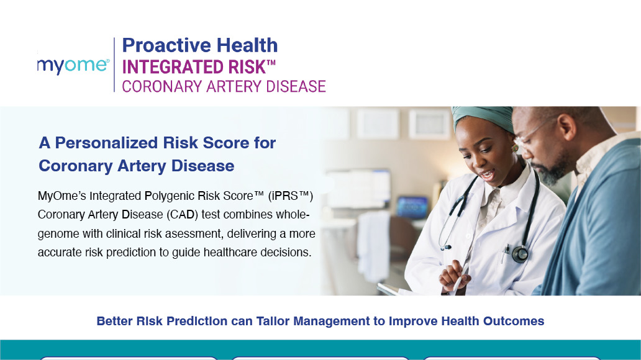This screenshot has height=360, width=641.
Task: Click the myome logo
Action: [x=73, y=66]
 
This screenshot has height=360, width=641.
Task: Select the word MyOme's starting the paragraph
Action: [x=61, y=196]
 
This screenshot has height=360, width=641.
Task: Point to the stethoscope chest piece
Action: [x=520, y=254]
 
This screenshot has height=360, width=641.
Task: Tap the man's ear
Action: [x=568, y=126]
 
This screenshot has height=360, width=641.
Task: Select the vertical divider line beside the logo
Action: [x=114, y=65]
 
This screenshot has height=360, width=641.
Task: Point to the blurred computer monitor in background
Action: [x=412, y=206]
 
